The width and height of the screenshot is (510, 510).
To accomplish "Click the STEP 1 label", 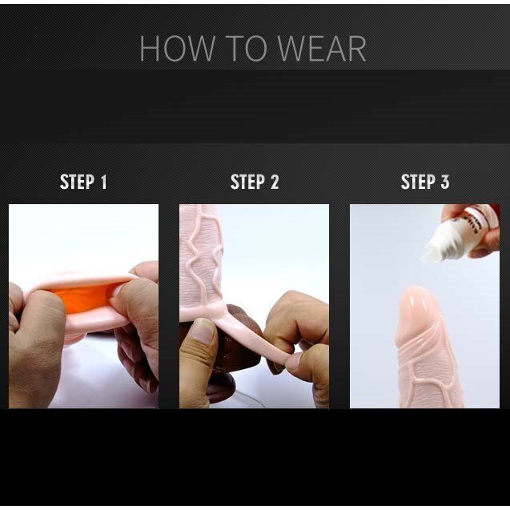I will pyautogui.click(x=83, y=183).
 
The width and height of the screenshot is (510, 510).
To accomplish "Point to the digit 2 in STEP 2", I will pyautogui.click(x=275, y=183).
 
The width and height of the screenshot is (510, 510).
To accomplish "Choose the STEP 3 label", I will pyautogui.click(x=424, y=183).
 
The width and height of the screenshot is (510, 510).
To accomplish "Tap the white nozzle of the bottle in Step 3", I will pyautogui.click(x=436, y=248).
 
